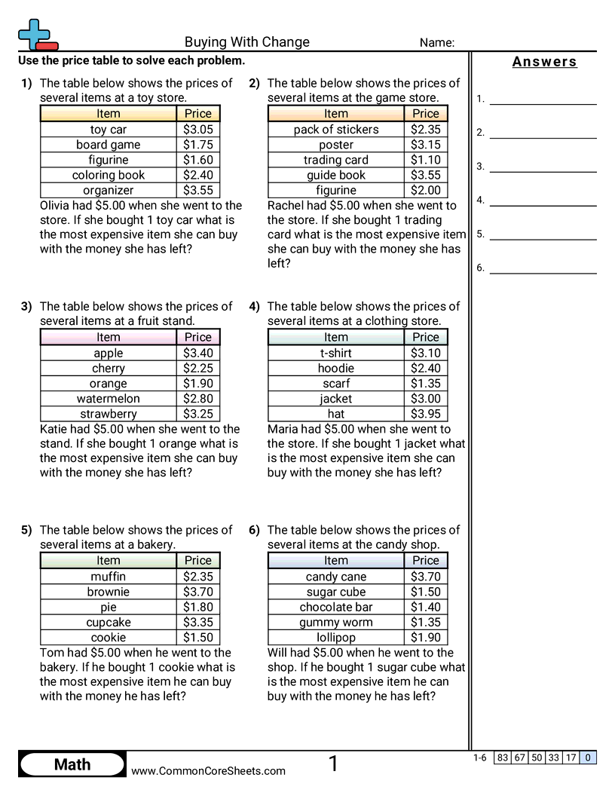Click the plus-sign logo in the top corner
pyautogui.click(x=36, y=35)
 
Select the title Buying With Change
pyautogui.click(x=247, y=42)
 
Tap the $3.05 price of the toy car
pyautogui.click(x=198, y=130)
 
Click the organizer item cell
pyautogui.click(x=109, y=191)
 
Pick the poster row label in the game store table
pyautogui.click(x=336, y=145)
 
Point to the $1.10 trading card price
pyautogui.click(x=426, y=160)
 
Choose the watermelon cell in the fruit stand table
pyautogui.click(x=109, y=399)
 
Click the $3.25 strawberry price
pyautogui.click(x=198, y=414)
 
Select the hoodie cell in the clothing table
pyautogui.click(x=336, y=369)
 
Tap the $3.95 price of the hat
pyautogui.click(x=426, y=414)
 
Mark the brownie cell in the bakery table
pyautogui.click(x=109, y=592)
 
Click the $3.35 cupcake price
pyautogui.click(x=198, y=623)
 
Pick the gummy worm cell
pyautogui.click(x=336, y=623)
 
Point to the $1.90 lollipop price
pyautogui.click(x=426, y=638)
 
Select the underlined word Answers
pyautogui.click(x=544, y=62)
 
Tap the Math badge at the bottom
pyautogui.click(x=72, y=764)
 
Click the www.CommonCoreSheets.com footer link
pyautogui.click(x=209, y=770)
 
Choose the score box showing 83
pyautogui.click(x=503, y=758)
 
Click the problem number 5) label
pyautogui.click(x=26, y=530)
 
